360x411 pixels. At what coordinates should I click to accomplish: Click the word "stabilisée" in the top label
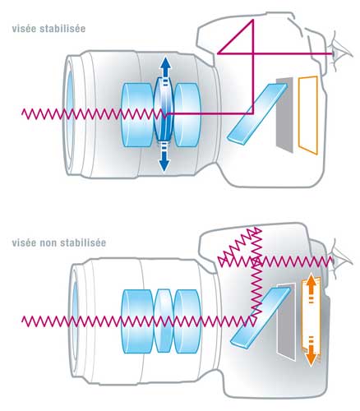[x=62, y=29]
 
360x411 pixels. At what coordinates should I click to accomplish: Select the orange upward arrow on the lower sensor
[x=310, y=289]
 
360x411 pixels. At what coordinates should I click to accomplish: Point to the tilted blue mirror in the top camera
[x=257, y=113]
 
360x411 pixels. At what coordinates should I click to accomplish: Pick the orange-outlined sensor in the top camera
[x=308, y=115]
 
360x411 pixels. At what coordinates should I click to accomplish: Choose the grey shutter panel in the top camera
[x=284, y=114]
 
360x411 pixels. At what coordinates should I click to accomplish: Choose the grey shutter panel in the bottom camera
[x=287, y=323]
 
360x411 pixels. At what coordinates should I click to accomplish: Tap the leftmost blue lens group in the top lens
[x=137, y=114]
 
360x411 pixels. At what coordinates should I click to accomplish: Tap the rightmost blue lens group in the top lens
[x=187, y=114]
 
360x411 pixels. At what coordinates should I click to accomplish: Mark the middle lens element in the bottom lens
[x=164, y=320]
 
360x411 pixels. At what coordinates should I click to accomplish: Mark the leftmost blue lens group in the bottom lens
[x=137, y=321]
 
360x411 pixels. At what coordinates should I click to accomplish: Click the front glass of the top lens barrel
[x=70, y=113]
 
